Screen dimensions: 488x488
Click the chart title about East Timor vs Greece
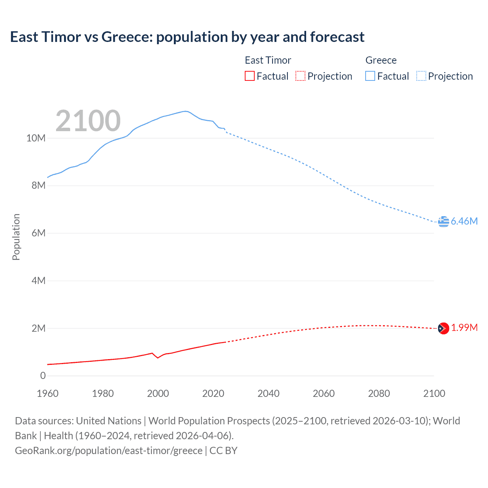(187, 37)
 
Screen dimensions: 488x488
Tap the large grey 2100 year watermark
(88, 121)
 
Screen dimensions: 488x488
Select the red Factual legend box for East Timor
(249, 76)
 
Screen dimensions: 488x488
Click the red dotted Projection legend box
(300, 76)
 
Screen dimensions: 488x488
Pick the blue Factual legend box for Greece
(370, 76)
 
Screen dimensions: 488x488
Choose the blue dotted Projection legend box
(421, 76)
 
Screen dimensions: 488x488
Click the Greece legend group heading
(381, 60)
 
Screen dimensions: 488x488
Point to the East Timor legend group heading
(268, 60)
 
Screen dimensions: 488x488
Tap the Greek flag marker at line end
(443, 221)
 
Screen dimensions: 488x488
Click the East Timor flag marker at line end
(443, 328)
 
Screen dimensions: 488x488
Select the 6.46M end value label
(464, 221)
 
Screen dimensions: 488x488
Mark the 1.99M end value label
(464, 328)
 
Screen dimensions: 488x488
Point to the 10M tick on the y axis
(36, 138)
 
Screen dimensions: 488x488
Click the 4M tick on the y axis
(39, 281)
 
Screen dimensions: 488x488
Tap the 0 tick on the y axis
(43, 376)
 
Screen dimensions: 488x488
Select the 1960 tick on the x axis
(48, 393)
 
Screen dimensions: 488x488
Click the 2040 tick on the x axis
(268, 393)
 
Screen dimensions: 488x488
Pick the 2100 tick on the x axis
(434, 393)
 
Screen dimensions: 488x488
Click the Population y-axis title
(16, 237)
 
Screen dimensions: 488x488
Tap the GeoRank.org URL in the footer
(109, 451)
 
